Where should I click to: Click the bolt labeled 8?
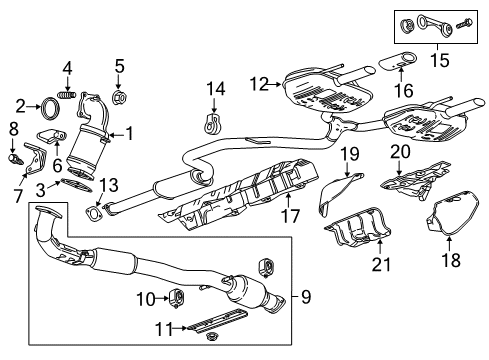[x=13, y=157]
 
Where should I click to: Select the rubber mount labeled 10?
[x=170, y=297]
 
